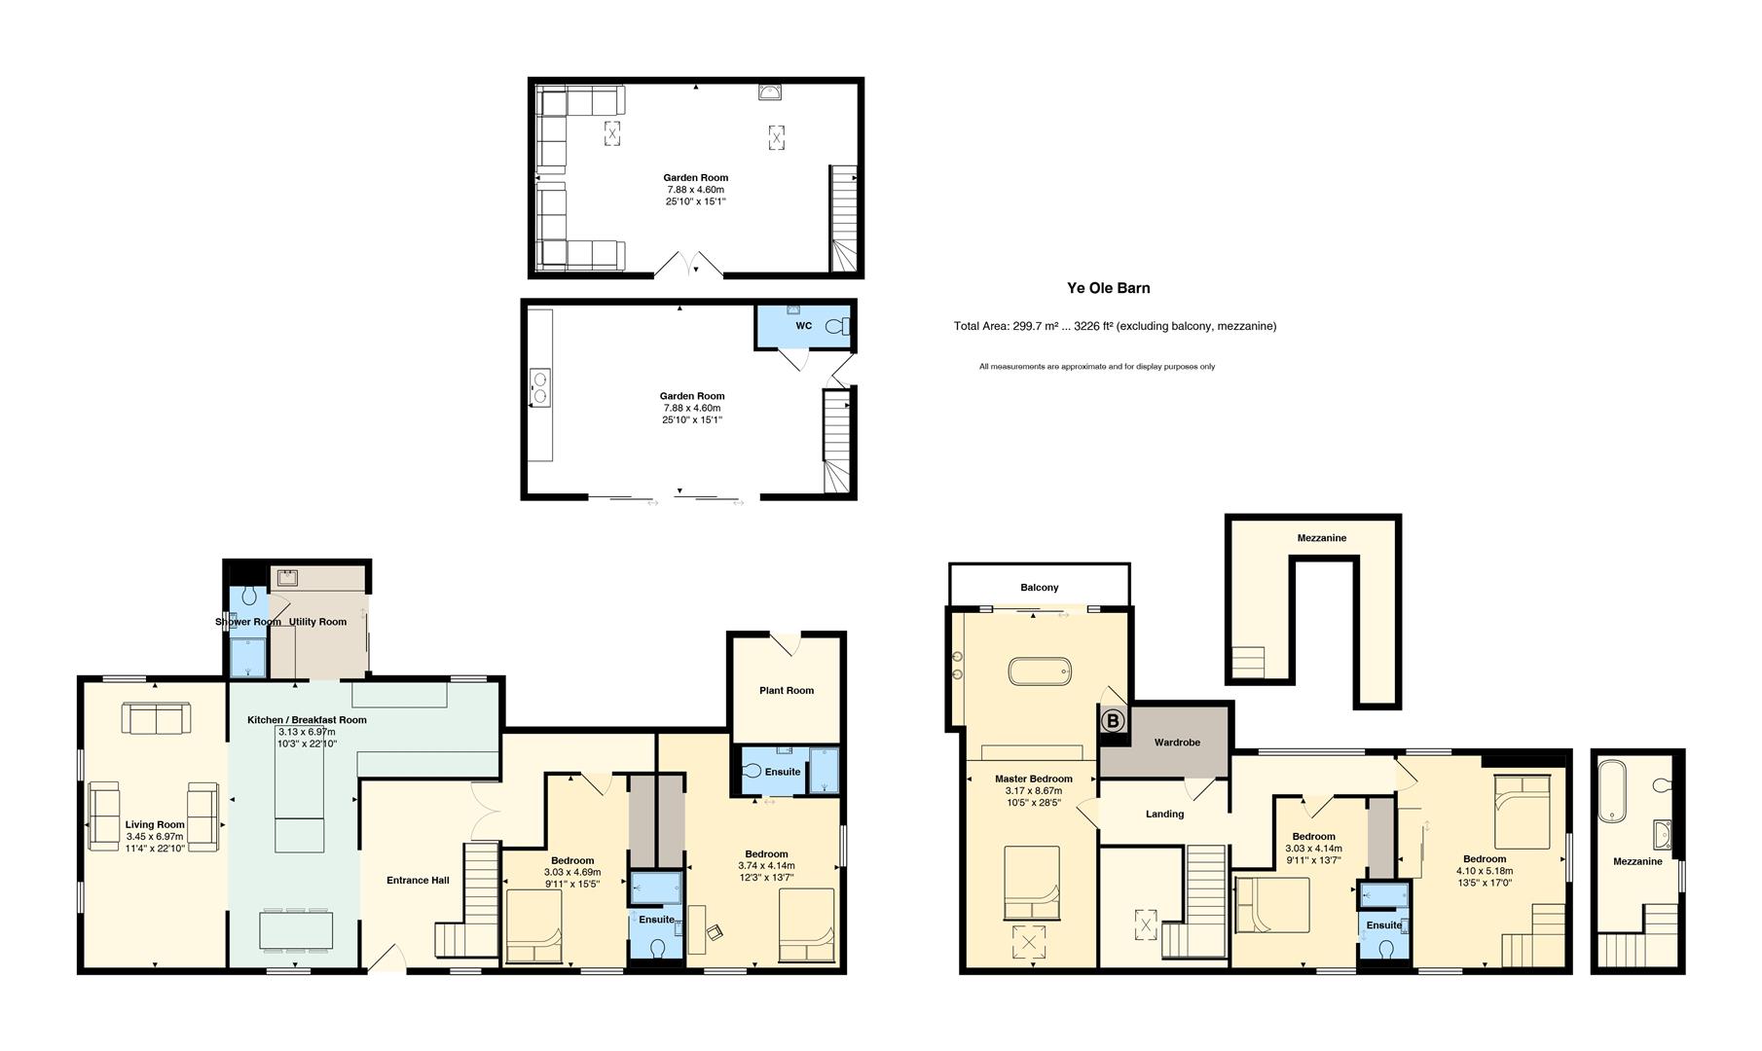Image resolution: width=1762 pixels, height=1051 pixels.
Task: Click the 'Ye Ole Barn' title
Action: pos(1108,288)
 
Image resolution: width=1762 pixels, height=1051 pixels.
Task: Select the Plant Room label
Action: pos(787,691)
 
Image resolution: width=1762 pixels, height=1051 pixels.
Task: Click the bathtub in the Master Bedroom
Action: pos(1040,671)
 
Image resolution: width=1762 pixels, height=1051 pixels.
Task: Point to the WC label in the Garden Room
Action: pos(803,326)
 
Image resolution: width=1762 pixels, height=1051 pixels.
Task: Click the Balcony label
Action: pos(1040,588)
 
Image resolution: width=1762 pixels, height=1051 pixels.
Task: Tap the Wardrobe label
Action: pos(1177,743)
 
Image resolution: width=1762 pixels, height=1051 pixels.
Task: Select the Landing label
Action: pos(1164,814)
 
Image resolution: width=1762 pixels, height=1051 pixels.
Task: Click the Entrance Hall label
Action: pos(418,881)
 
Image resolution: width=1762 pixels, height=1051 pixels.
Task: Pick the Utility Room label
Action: pos(318,622)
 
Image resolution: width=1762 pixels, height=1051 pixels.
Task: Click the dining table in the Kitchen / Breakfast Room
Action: pos(296,929)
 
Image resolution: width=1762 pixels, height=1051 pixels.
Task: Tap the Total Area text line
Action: pos(1115,326)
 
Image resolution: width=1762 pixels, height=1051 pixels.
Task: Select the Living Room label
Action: pos(155,825)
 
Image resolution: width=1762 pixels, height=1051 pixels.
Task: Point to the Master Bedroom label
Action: pos(1034,779)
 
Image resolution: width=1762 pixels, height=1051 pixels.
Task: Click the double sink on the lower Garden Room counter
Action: pos(538,385)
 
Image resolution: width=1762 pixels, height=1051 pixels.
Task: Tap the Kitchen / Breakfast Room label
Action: pos(307,720)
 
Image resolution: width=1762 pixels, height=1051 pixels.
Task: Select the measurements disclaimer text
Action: pos(1097,367)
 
